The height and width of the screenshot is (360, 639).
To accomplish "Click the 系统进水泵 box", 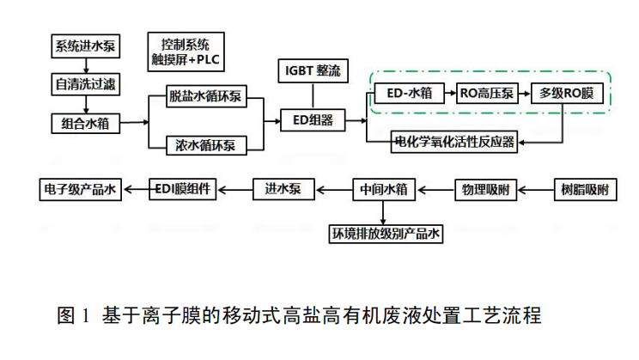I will click(82, 46).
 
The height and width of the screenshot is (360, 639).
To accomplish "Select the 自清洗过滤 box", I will click(82, 84).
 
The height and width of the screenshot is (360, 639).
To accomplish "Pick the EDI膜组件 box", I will click(184, 187).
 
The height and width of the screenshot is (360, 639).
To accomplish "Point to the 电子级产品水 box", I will click(82, 187).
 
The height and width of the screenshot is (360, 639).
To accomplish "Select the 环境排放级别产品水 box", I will click(387, 233).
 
